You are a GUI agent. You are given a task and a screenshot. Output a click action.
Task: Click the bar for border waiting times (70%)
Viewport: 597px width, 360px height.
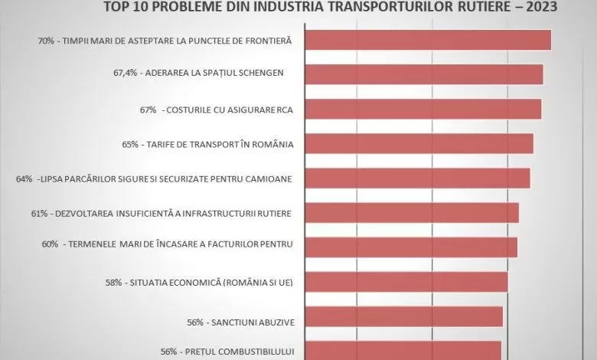pos(429,40)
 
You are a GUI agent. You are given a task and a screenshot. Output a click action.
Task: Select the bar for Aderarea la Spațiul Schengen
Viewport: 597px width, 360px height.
pos(425,74)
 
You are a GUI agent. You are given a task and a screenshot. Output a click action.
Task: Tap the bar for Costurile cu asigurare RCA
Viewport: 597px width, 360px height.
pos(424,109)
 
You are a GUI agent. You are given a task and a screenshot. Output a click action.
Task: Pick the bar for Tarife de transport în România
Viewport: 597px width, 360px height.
pos(420,143)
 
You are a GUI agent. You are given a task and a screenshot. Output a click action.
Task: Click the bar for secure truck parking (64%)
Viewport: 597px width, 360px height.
pos(419,178)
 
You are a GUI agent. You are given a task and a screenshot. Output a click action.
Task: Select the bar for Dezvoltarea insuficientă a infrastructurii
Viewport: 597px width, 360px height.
pos(413,212)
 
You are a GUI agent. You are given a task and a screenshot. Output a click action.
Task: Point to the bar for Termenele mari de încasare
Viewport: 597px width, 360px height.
pos(413,247)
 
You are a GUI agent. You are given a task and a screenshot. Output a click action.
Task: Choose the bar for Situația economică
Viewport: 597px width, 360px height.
pos(407,282)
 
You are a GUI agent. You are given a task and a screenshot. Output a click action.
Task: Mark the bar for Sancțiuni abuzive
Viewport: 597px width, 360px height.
pos(405,316)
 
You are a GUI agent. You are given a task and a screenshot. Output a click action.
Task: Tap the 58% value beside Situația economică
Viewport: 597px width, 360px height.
pos(115,282)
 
